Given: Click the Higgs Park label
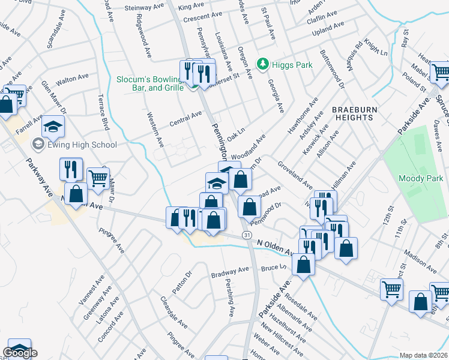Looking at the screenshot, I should (x=286, y=64).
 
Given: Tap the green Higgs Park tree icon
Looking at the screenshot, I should (x=262, y=64).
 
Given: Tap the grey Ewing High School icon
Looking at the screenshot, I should (x=38, y=144).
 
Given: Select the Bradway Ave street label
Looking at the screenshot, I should (x=229, y=273).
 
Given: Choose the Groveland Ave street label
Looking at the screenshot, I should (x=294, y=175).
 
